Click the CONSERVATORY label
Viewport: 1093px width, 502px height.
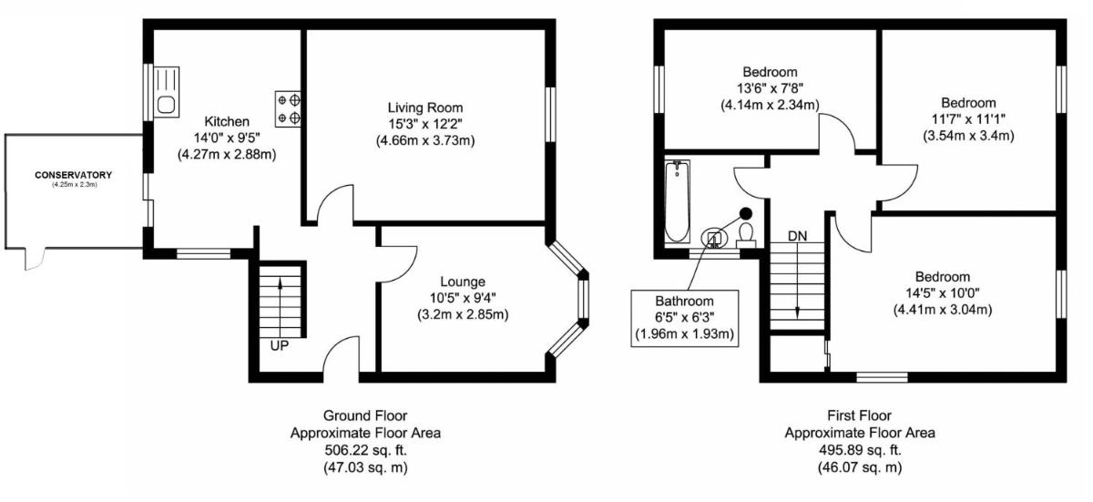(73, 175)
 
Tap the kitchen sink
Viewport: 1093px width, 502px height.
(167, 92)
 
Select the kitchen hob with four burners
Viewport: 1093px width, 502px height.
(288, 109)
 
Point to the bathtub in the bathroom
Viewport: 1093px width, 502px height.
(678, 201)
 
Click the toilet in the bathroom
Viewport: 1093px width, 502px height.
(746, 235)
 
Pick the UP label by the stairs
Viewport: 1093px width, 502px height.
(280, 346)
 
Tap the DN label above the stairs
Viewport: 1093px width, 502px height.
(798, 236)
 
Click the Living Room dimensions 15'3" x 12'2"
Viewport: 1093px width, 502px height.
(425, 124)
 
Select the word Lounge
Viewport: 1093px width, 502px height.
(463, 282)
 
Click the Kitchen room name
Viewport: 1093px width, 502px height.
(227, 121)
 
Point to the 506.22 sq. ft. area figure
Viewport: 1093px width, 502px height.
(365, 450)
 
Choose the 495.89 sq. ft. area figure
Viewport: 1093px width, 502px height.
(860, 450)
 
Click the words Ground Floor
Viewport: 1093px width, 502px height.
(365, 415)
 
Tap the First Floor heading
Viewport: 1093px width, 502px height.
(859, 415)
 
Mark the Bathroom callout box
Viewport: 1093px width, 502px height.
(685, 319)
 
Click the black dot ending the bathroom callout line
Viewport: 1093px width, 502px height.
(746, 213)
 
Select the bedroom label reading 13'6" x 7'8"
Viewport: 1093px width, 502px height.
(770, 88)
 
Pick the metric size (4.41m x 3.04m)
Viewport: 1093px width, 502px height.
(943, 310)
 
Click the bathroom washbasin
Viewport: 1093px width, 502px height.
(713, 238)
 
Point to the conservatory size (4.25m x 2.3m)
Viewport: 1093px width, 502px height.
(75, 185)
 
